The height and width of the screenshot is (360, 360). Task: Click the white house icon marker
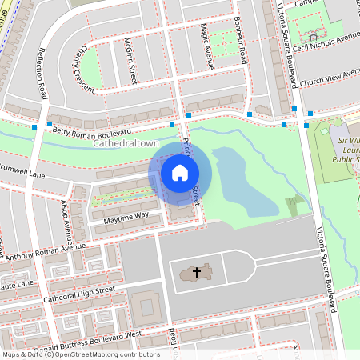pyautogui.click(x=180, y=172)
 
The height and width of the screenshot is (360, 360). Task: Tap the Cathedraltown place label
pyautogui.click(x=126, y=143)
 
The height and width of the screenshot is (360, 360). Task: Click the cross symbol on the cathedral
pyautogui.click(x=194, y=274)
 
